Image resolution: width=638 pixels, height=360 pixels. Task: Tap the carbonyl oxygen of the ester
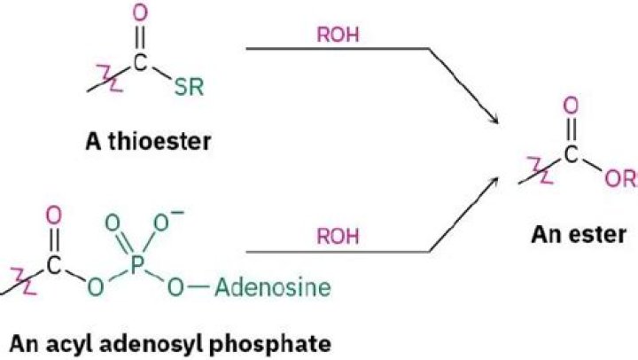coord(571,105)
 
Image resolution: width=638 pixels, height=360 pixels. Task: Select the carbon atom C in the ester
coord(571,154)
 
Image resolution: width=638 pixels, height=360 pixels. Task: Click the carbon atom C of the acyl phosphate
coord(53,264)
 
